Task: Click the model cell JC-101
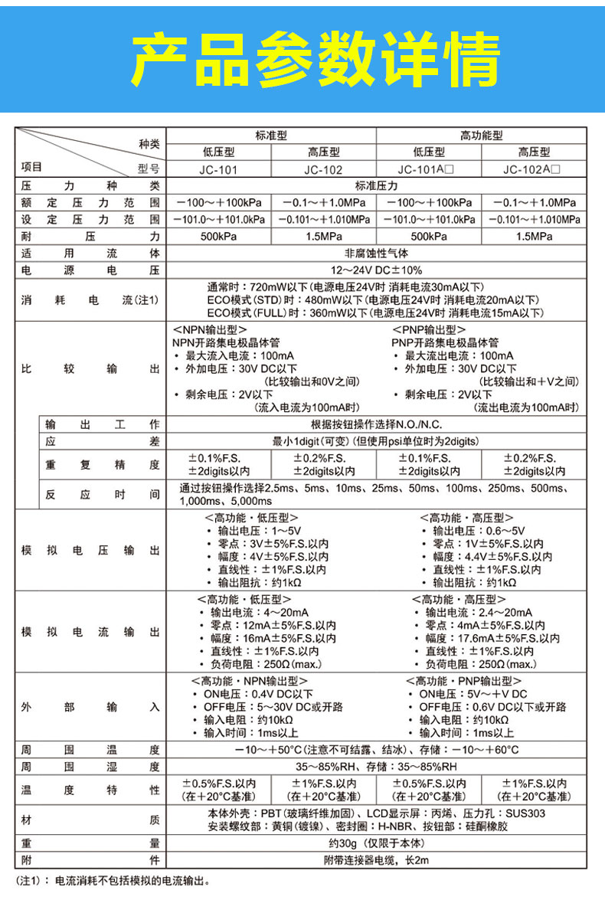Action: tap(217, 169)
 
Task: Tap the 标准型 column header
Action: tap(271, 135)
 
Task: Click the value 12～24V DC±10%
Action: tap(376, 270)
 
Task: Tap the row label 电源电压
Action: tap(90, 270)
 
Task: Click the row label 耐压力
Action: tap(90, 236)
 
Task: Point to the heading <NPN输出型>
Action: tap(203, 329)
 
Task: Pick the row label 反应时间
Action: tap(102, 494)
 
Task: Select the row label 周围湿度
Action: tap(90, 766)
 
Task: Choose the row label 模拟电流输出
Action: tap(90, 632)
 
